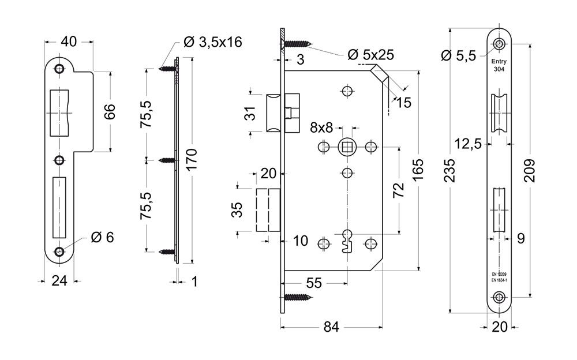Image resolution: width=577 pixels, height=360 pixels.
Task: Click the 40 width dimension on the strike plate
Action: pos(69,42)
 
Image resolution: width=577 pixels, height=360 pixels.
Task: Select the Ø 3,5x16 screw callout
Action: pos(213,42)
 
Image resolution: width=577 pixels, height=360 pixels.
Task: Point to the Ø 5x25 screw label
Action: pos(370,55)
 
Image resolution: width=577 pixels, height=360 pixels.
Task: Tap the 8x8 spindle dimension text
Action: pos(321,127)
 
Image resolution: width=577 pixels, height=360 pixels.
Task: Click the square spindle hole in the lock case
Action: pos(347,148)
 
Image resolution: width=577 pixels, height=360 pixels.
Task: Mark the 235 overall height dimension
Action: pos(449,170)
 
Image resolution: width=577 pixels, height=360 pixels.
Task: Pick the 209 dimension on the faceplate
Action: pos(530,170)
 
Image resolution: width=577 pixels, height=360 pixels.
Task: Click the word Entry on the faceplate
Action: pos(499,62)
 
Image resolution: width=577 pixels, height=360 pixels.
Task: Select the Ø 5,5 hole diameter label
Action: pos(458,56)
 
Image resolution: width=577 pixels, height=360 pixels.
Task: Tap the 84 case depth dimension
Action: pos(331,327)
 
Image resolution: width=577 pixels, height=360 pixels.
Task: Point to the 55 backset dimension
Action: pos(314,283)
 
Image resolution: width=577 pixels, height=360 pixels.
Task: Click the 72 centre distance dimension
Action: pos(399,190)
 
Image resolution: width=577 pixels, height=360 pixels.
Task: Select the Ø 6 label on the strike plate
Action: pos(102,238)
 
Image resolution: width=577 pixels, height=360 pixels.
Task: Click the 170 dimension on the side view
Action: pos(192,159)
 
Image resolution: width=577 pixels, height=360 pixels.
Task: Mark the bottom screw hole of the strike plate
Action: pos(59,252)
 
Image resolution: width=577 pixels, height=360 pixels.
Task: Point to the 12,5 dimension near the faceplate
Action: pos(468,144)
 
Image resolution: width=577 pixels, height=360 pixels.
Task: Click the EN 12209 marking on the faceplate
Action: pos(499,274)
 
